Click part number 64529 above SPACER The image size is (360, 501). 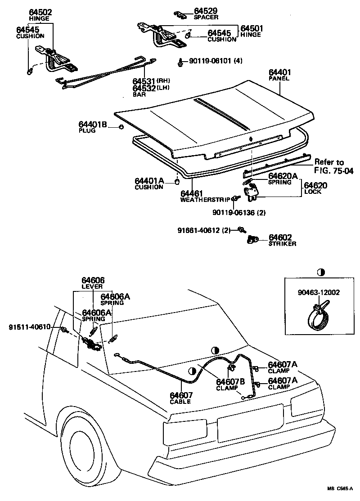(206, 11)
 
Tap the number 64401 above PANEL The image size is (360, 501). (280, 72)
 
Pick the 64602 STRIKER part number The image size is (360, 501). (280, 237)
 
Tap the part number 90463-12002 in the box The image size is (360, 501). (319, 292)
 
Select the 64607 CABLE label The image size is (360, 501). (180, 396)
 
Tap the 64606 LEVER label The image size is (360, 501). (92, 281)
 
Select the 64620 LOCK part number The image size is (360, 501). (315, 185)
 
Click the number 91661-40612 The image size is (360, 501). (198, 230)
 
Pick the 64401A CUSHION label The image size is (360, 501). (149, 181)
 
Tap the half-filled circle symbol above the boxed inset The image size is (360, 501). (320, 272)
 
